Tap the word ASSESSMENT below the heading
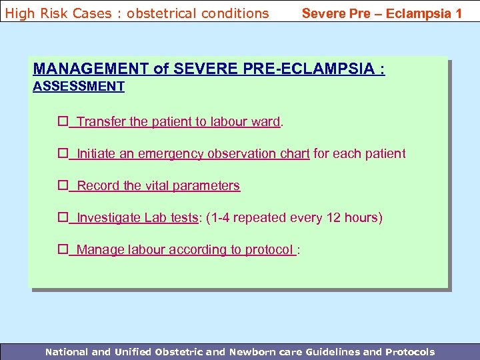click(79, 86)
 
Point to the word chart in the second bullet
click(294, 154)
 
